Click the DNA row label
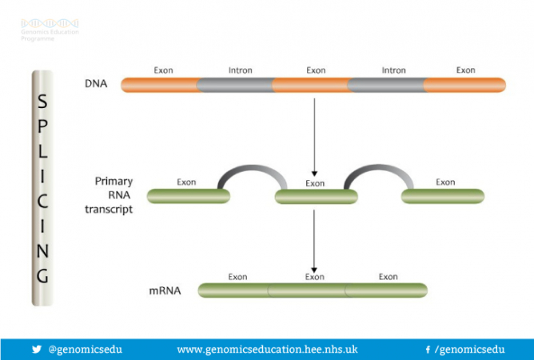coord(95,83)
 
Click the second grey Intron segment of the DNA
coord(385,84)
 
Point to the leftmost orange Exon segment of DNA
coord(160,84)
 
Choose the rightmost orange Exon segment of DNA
coord(464,84)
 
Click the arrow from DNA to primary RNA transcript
coord(315,136)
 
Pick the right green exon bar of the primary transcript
coord(443,195)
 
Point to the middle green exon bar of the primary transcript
coord(315,195)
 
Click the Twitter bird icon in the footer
coord(36,350)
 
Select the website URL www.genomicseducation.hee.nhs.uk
coord(267,350)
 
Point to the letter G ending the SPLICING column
coord(42,274)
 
